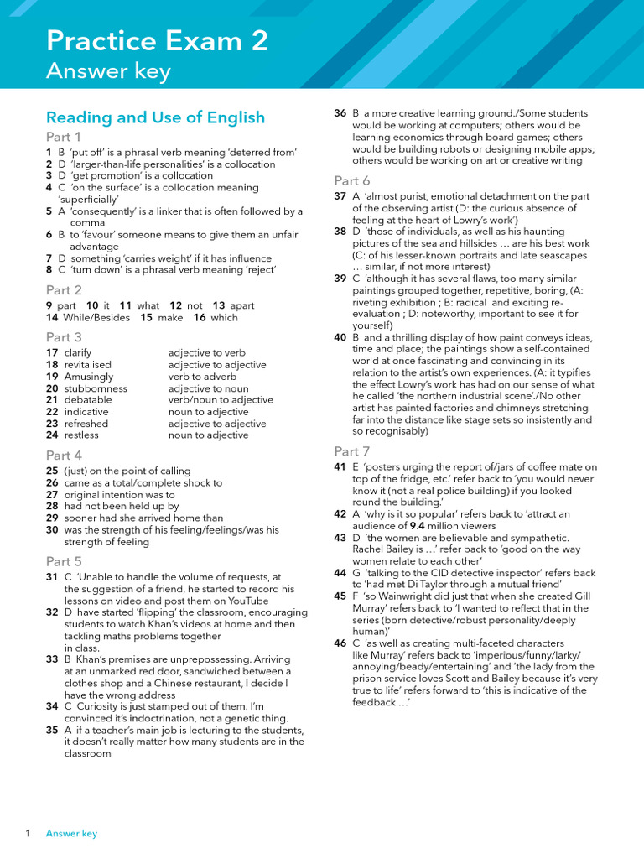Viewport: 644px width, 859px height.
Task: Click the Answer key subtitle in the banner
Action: pos(108,72)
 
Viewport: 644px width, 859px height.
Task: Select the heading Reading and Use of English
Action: pos(155,117)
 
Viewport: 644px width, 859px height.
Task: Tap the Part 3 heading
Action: pos(64,336)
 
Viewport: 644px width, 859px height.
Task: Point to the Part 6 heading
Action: pos(352,180)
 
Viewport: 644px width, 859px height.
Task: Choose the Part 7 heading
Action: pos(352,451)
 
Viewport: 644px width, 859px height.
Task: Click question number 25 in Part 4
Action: pos(52,471)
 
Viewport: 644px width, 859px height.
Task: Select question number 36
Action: pos(340,113)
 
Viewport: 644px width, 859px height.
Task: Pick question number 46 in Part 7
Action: pos(340,643)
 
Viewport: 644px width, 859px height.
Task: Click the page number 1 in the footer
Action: pos(28,833)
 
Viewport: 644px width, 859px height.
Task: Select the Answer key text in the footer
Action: pos(71,833)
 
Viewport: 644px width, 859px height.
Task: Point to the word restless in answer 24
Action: pos(81,435)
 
